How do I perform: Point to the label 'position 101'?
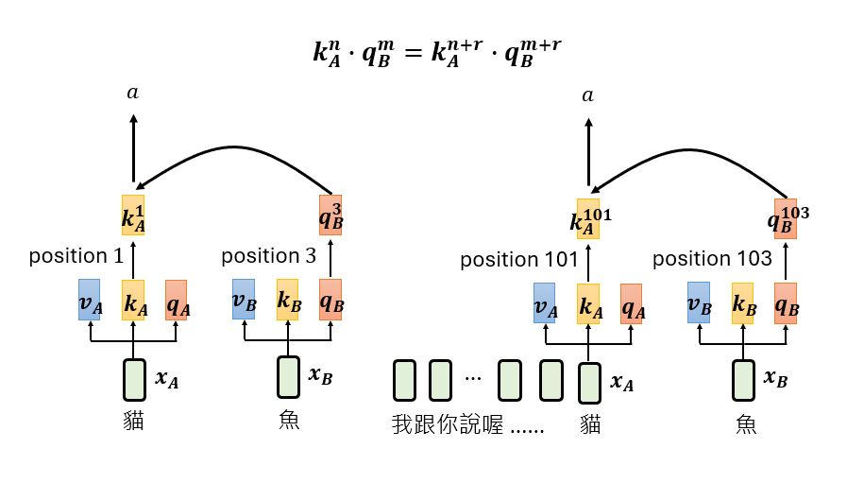point(519,259)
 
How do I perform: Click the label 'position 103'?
point(713,259)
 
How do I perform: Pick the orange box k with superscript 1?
point(133,215)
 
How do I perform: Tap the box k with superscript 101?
point(588,219)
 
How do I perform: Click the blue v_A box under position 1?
point(90,299)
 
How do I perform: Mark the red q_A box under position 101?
point(632,303)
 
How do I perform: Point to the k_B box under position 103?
point(743,302)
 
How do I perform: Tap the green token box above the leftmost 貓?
point(134,380)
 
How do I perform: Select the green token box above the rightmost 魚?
point(744,380)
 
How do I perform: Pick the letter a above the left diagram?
point(132,94)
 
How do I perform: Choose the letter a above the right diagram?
point(588,95)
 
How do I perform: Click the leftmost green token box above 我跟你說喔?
point(404,380)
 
